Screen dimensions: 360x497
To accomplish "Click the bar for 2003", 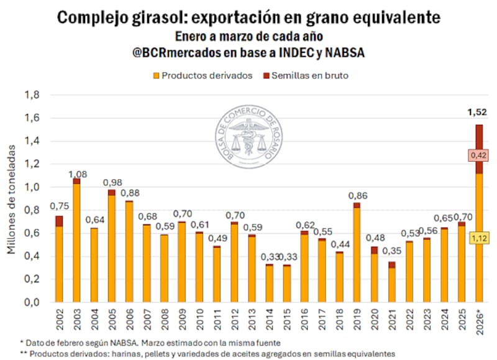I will click(x=76, y=242).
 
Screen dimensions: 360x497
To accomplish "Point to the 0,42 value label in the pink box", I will click(x=478, y=155).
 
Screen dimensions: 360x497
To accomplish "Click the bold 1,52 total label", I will click(x=478, y=113).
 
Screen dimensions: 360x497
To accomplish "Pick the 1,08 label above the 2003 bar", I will click(x=77, y=173).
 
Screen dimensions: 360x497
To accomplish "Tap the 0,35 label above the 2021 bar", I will click(x=391, y=252).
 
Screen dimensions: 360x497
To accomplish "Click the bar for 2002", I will click(x=59, y=261).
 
